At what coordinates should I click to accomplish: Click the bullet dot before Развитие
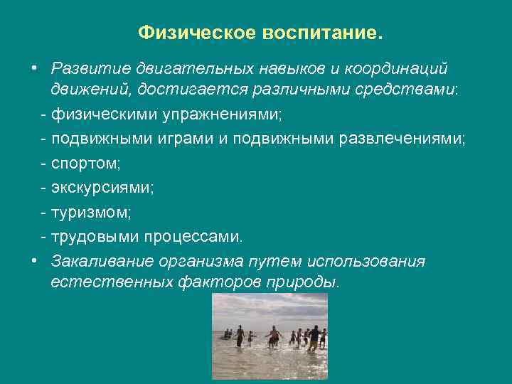coord(34,68)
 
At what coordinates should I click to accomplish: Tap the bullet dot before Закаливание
coord(34,260)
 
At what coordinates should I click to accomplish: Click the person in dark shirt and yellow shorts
coord(314,336)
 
